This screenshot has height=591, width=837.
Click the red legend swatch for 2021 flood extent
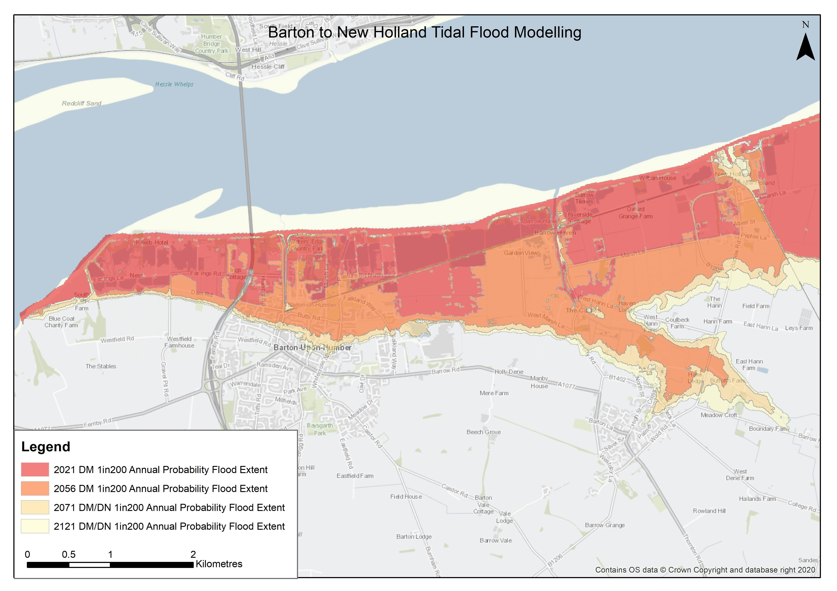[35, 469]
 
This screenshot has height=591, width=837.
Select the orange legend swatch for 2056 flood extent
[35, 488]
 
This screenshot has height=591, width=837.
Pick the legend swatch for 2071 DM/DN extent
[35, 507]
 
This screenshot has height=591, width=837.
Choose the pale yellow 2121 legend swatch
[35, 526]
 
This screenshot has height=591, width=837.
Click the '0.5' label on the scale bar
[69, 554]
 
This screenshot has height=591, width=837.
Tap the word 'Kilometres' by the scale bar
[219, 564]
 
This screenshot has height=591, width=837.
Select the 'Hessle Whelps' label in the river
[174, 84]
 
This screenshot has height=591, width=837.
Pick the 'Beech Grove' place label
[484, 432]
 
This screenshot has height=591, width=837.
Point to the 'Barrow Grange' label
[605, 525]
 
